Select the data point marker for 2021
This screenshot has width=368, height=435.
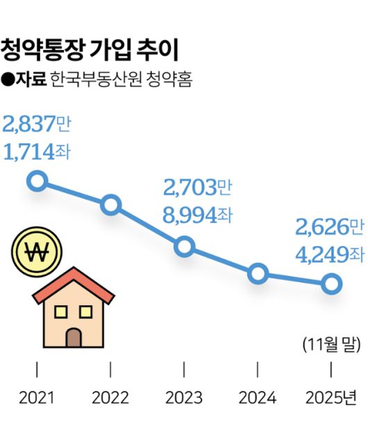37,182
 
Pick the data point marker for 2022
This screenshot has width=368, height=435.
110,205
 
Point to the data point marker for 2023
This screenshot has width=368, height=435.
184,247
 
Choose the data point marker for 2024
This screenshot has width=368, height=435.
258,273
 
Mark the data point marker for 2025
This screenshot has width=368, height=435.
331,284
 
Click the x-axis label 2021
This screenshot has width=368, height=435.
37,397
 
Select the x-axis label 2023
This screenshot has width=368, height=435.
184,397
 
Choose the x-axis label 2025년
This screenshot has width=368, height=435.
332,397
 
